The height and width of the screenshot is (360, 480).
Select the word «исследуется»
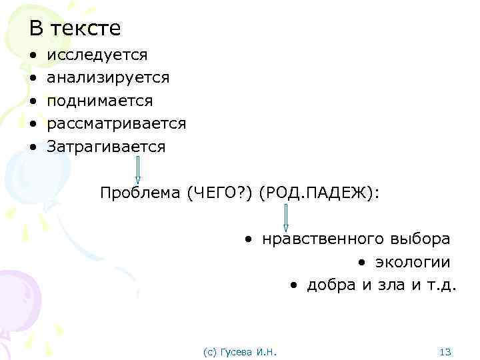tap(97, 55)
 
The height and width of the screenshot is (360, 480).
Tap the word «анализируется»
tap(108, 78)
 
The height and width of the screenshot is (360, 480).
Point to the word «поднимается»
tap(99, 101)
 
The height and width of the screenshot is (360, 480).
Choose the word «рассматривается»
tap(116, 123)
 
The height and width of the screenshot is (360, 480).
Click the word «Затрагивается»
tap(105, 147)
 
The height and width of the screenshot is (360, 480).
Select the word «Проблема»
tap(141, 193)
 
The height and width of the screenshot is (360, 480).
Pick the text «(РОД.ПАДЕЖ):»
tap(320, 193)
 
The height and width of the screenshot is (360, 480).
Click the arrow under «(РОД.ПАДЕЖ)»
tap(286, 217)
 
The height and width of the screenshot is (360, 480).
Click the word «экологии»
tap(412, 262)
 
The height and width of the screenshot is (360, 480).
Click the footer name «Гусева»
tap(235, 351)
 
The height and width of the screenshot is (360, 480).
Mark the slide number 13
tap(446, 351)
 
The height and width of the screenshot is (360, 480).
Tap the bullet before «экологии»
tap(361, 262)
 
